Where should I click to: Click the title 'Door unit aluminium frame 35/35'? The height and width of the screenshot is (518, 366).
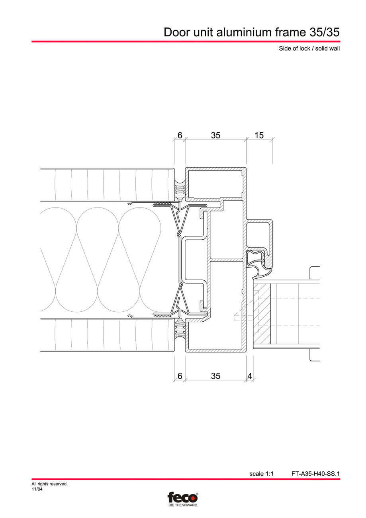click(252, 32)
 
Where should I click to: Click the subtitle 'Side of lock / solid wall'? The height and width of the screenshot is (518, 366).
click(309, 49)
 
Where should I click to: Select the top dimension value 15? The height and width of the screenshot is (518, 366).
click(259, 135)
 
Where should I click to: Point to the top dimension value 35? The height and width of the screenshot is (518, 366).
click(215, 135)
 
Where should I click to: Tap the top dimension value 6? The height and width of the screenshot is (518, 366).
click(180, 135)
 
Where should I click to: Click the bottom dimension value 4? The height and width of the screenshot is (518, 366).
click(249, 376)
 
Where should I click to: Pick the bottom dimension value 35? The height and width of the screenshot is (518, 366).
click(215, 376)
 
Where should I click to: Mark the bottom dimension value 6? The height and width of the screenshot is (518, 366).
click(180, 376)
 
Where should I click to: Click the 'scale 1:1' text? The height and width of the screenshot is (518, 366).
click(261, 474)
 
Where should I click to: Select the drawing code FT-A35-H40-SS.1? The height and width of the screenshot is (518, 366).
click(315, 474)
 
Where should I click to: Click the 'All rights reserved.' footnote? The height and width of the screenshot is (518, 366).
click(49, 484)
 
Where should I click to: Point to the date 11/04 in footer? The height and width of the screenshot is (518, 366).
click(37, 489)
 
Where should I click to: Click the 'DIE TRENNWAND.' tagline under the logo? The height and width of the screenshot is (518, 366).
click(183, 505)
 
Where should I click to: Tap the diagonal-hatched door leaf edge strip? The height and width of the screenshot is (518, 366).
click(262, 313)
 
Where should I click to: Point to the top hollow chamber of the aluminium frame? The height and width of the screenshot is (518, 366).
click(215, 183)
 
